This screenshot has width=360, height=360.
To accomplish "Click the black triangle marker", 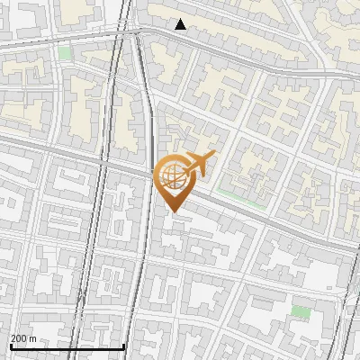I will pyautogui.click(x=181, y=24).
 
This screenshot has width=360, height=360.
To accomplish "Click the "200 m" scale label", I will pyautogui.click(x=23, y=338).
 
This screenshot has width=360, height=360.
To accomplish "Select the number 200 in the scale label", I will pyautogui.click(x=19, y=338).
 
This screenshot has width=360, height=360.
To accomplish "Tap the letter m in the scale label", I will pyautogui.click(x=32, y=338).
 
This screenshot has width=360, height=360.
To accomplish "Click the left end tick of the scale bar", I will pyautogui.click(x=10, y=345).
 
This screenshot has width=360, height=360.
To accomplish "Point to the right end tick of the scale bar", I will pyautogui.click(x=124, y=345).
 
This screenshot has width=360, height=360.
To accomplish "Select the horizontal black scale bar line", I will pyautogui.click(x=67, y=346).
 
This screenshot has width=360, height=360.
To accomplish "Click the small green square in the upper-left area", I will pyautogui.click(x=64, y=53).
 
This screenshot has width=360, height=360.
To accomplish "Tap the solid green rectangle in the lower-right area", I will pyautogui.click(x=301, y=311).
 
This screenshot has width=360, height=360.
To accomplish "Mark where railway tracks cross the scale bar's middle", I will pyautogui.click(x=81, y=346).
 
